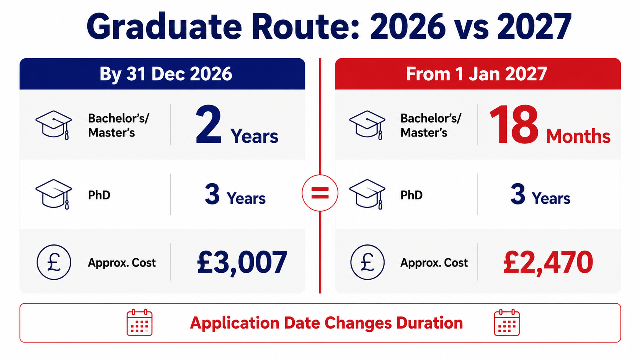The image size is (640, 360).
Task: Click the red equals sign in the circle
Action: click(320, 193)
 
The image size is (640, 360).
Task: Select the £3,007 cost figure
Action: click(242, 262)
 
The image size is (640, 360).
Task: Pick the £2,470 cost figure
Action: click(548, 262)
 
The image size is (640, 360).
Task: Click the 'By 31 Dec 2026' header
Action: click(166, 74)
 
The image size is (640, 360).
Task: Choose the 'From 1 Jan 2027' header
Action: click(477, 74)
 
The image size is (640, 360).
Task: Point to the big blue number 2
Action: click(209, 124)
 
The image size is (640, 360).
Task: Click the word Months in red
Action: click(578, 136)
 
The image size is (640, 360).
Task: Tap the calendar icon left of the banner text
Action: click(139, 322)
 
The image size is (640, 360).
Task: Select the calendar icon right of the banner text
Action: click(507, 322)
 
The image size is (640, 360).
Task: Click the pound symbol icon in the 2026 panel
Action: click(54, 262)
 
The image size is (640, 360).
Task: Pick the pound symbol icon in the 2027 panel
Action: click(367, 262)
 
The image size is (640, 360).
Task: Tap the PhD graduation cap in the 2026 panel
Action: click(54, 194)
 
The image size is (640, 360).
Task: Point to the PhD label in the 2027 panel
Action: click(411, 195)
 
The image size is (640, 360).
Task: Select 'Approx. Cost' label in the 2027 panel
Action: click(434, 263)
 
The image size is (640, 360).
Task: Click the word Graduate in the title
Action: click(165, 26)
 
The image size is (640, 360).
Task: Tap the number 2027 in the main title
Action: click(534, 26)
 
